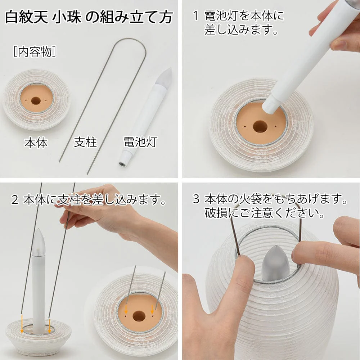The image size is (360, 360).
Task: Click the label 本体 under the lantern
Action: [x=36, y=143]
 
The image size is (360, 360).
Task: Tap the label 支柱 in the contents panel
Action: [x=85, y=143]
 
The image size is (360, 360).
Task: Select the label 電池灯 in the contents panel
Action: [x=135, y=143]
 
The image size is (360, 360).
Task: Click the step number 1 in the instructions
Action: [x=195, y=16]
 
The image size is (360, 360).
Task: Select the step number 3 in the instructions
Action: [x=195, y=199]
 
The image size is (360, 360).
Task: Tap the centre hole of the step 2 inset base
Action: [x=139, y=316]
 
